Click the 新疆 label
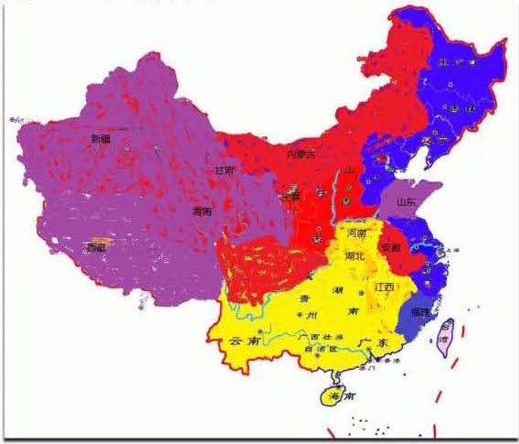[100, 139]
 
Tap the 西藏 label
[96, 247]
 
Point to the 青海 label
[202, 211]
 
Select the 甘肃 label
[224, 171]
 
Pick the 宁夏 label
[290, 196]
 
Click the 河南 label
[357, 234]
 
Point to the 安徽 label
[390, 247]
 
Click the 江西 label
[384, 287]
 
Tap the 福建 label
[421, 312]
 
